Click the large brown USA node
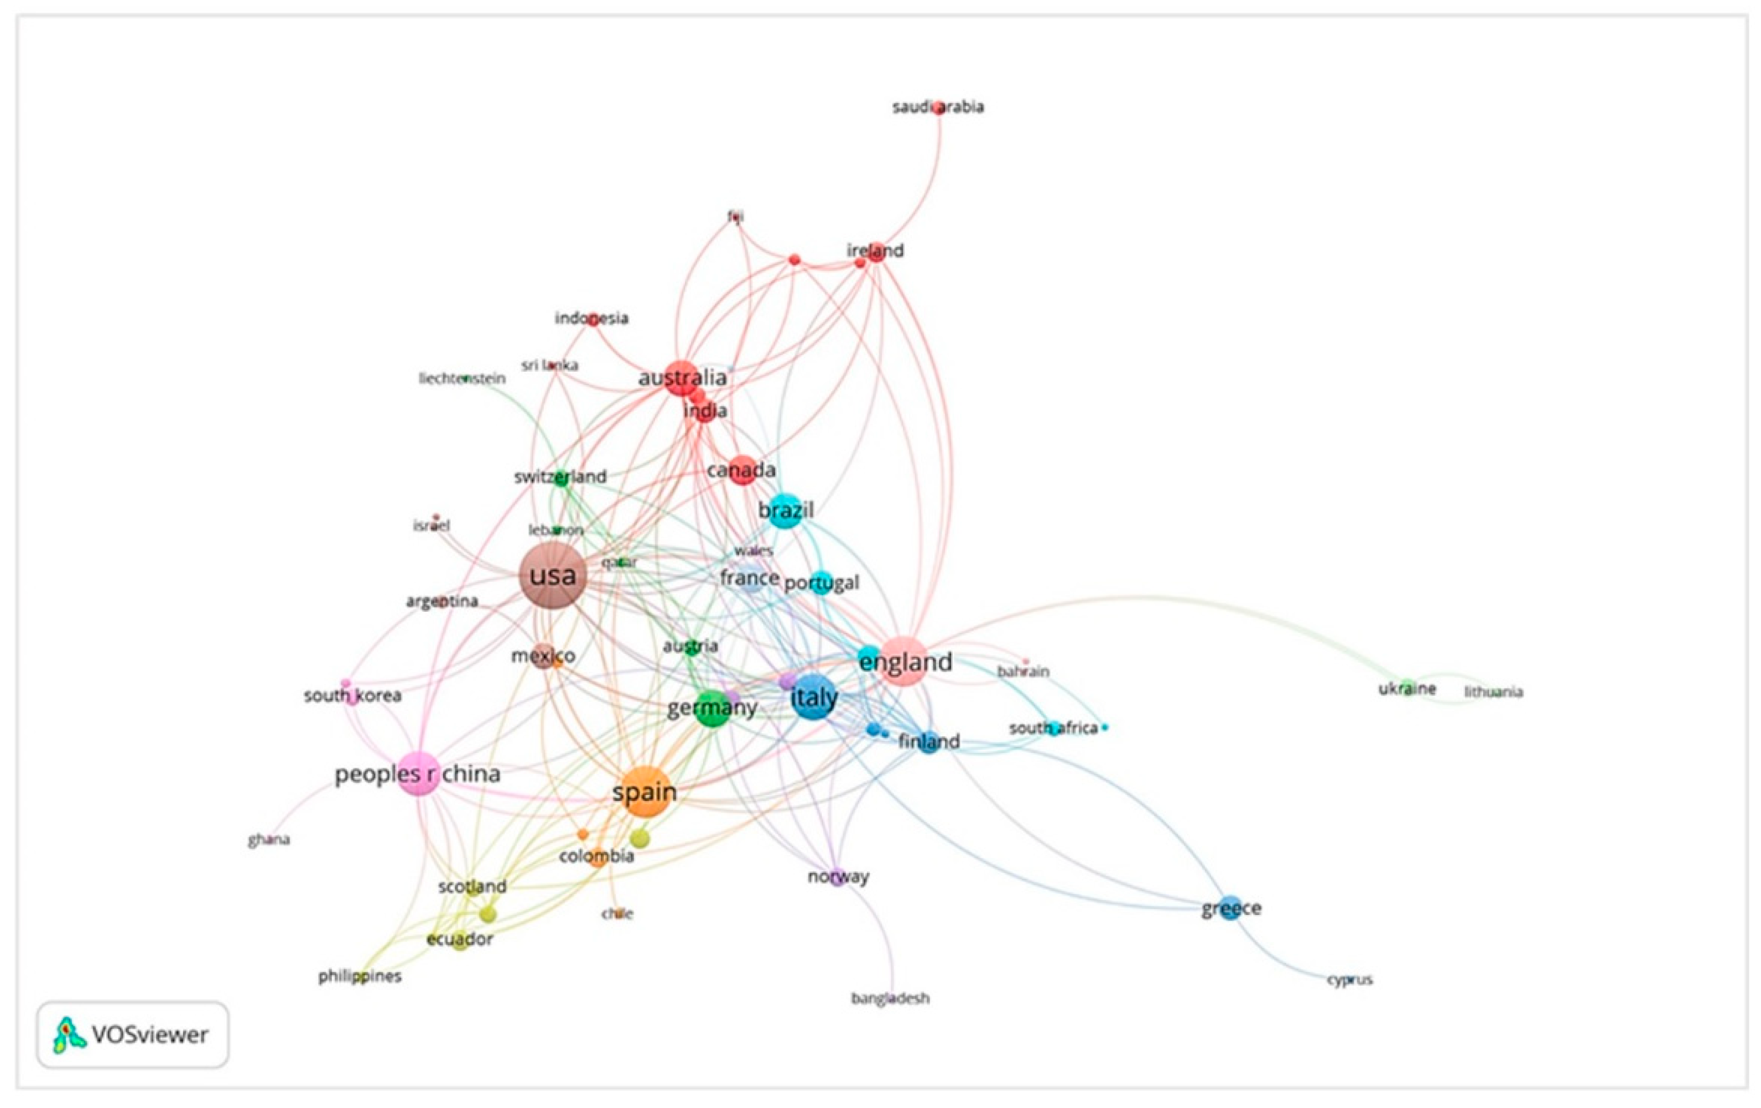(552, 576)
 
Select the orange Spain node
(643, 792)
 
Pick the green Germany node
(711, 708)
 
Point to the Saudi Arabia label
(938, 107)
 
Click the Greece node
(1231, 908)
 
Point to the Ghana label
(268, 840)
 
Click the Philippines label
(360, 976)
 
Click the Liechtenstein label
(461, 379)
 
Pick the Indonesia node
(593, 319)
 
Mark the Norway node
(838, 876)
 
